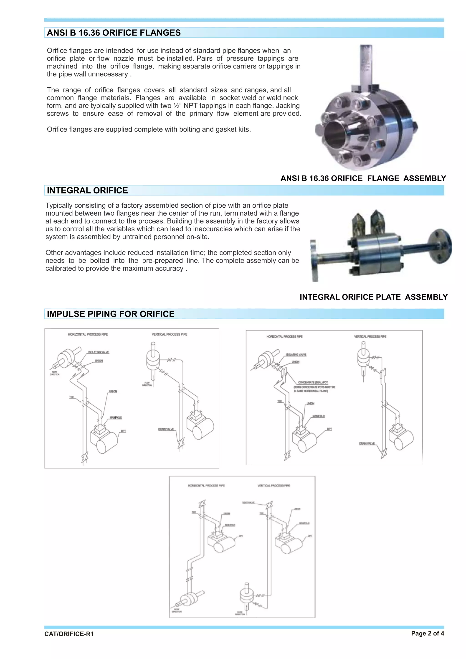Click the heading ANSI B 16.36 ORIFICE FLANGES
114,33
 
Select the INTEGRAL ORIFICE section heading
87,190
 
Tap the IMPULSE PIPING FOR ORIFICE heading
111,314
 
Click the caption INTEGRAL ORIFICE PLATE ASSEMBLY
373,297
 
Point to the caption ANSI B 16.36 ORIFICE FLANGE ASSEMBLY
363,178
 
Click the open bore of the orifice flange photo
335,134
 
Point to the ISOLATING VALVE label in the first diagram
99,352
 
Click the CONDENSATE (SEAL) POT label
313,382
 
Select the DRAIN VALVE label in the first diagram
166,429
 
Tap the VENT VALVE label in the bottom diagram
248,503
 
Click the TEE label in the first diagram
71,397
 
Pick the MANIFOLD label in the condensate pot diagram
319,416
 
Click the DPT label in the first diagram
123,431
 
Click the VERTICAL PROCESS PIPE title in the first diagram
169,334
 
